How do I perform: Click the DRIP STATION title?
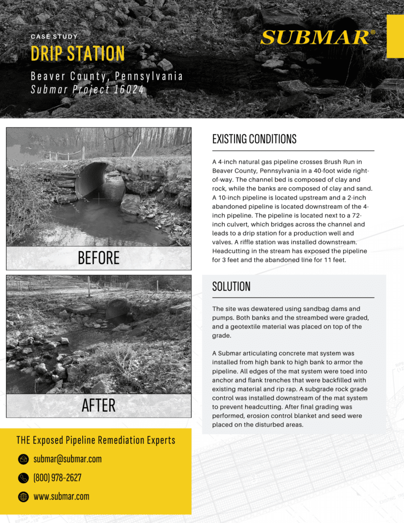coord(78,54)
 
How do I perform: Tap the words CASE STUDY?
coord(54,37)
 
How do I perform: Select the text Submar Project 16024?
coord(87,90)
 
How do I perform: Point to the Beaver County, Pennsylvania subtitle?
coord(106,77)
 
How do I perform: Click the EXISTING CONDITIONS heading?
coord(254,139)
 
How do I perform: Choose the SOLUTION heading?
coord(231,287)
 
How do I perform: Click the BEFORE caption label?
coord(99,258)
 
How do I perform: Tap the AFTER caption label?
coord(99,406)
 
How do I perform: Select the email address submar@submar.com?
coord(67,459)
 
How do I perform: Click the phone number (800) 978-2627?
coord(57,478)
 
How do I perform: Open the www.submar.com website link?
coord(61,496)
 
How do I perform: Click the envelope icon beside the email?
coord(23,459)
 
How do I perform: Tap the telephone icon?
coord(23,478)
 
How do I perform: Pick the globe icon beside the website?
coord(23,496)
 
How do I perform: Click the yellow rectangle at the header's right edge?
coord(395,36)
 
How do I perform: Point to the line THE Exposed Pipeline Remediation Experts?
coord(96,440)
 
